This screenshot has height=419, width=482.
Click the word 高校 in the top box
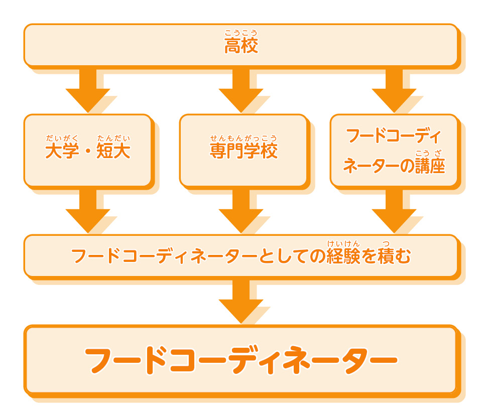coord(241,47)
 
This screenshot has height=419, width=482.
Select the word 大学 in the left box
coord(62,151)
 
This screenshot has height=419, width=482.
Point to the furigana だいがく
coord(62,138)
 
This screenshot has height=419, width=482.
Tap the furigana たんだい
coord(113,138)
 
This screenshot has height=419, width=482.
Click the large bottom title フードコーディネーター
coord(241,359)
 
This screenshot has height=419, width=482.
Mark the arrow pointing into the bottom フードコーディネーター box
coord(241,301)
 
